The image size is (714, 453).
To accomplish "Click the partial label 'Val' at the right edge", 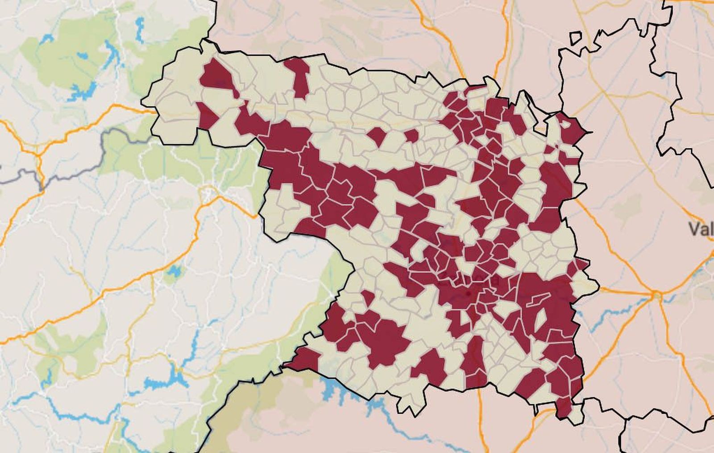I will click(701, 230).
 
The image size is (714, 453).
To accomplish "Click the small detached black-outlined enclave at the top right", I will click(576, 38).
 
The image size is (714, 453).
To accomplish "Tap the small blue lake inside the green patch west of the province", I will click(174, 271).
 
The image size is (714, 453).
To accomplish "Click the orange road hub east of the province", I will click(657, 295).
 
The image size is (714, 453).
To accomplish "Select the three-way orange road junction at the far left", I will click(38, 155).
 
